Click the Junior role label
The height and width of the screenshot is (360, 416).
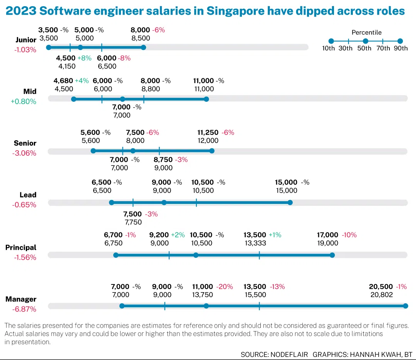(26, 40)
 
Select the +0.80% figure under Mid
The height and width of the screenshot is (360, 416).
(23, 102)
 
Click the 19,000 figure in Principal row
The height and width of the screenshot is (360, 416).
(327, 243)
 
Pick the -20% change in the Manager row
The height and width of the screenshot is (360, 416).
(225, 287)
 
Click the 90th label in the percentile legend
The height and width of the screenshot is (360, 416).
(401, 48)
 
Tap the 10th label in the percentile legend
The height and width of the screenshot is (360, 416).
(329, 48)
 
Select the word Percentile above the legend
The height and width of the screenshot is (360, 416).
(367, 33)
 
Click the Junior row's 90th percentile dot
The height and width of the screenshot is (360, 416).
(143, 47)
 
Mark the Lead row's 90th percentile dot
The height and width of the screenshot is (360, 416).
(290, 203)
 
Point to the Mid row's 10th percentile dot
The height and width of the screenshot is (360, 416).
(74, 99)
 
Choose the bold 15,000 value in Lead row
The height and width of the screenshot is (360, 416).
(286, 182)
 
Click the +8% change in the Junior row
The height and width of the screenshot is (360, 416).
(84, 58)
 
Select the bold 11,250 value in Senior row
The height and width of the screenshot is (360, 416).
(208, 133)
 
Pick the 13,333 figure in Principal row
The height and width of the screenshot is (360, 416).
(255, 243)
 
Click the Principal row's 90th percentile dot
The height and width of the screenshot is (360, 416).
(332, 255)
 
